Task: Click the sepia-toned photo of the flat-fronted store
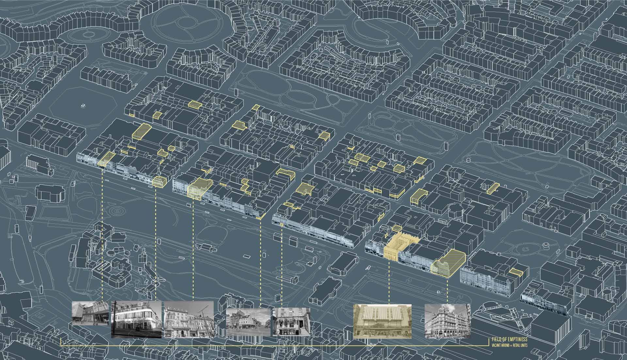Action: click(383, 321)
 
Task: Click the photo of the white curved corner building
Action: click(137, 319)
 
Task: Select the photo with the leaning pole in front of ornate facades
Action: click(189, 319)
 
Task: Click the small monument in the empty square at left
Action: click(83, 106)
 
